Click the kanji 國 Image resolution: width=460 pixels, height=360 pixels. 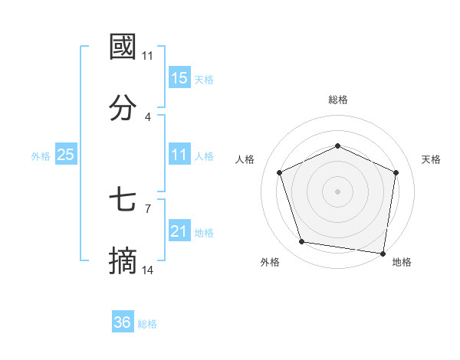(x=123, y=47)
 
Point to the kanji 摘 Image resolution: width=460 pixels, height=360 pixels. (x=123, y=262)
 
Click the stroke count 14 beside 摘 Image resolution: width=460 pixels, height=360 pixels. (x=148, y=270)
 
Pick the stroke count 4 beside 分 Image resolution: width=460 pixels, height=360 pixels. (x=148, y=116)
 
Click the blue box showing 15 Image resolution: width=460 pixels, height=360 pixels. (x=179, y=78)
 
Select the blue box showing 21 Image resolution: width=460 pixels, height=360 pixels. (x=179, y=231)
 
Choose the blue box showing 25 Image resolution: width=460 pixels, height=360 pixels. (x=65, y=155)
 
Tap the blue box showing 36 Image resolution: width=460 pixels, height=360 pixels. (x=123, y=322)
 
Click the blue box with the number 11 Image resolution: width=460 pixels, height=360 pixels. (x=179, y=155)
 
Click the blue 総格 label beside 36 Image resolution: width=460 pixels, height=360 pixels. (x=147, y=324)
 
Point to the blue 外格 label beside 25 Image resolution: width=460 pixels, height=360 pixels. (x=41, y=156)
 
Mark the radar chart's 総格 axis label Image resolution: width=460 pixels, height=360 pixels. (x=338, y=100)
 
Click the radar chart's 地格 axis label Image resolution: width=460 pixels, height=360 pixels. (x=402, y=262)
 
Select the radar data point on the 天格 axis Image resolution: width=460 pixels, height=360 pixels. (x=396, y=172)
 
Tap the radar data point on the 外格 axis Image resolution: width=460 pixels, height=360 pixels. (x=302, y=242)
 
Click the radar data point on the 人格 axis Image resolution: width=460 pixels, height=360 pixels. (x=280, y=172)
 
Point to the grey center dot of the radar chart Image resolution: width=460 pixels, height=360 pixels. (x=338, y=191)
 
